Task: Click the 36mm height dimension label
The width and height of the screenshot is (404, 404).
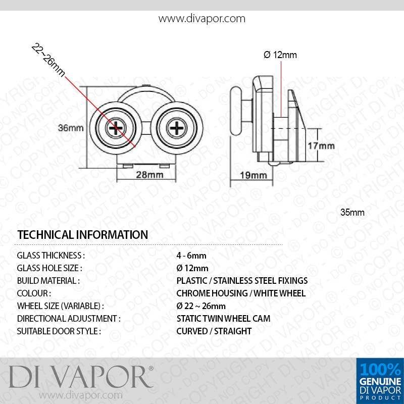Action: tap(71, 128)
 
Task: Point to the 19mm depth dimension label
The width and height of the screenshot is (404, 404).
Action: tap(254, 175)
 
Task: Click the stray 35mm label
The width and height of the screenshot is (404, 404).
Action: tap(352, 212)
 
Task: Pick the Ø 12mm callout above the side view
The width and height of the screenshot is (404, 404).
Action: tap(280, 55)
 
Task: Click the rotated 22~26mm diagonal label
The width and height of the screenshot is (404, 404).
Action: tap(48, 60)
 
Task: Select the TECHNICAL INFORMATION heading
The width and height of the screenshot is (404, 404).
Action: tap(82, 235)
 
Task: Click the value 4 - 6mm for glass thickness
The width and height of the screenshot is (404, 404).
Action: tap(191, 256)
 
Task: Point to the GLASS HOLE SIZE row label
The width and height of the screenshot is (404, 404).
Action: tap(49, 268)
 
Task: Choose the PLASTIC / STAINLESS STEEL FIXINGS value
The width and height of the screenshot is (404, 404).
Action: tap(242, 281)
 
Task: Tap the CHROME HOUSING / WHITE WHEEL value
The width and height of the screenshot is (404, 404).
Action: tap(241, 293)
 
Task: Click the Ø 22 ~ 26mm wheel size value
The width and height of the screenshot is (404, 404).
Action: tap(201, 306)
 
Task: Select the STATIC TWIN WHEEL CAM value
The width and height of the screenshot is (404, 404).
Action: tap(223, 319)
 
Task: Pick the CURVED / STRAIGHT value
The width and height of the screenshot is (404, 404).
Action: tap(214, 331)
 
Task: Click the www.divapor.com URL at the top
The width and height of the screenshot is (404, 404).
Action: tap(202, 19)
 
